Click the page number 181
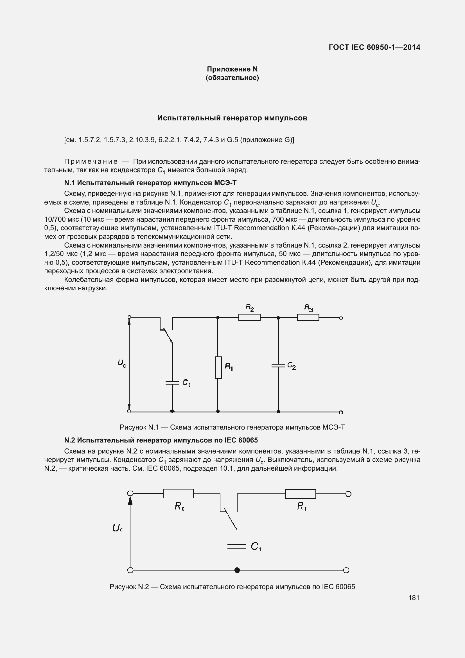pyautogui.click(x=414, y=598)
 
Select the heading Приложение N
pyautogui.click(x=232, y=69)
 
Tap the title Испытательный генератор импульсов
pyautogui.click(x=232, y=118)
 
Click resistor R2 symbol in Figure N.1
pyautogui.click(x=249, y=318)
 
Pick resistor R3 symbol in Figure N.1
pyautogui.click(x=308, y=318)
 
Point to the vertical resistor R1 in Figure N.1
pyautogui.click(x=218, y=367)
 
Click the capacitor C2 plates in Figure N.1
pyautogui.click(x=278, y=365)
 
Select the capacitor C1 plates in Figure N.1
pyautogui.click(x=172, y=382)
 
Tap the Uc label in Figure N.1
pyautogui.click(x=122, y=364)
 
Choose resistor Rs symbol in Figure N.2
pyautogui.click(x=178, y=493)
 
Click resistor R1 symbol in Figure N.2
pyautogui.click(x=301, y=494)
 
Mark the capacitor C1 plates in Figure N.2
pyautogui.click(x=237, y=546)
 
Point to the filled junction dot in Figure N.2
pyautogui.click(x=237, y=570)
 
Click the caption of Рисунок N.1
pyautogui.click(x=232, y=428)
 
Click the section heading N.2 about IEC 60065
pyautogui.click(x=161, y=440)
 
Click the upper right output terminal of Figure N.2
pyautogui.click(x=348, y=494)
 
